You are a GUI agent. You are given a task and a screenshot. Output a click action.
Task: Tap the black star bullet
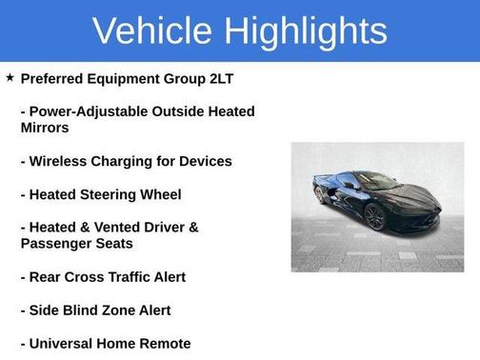click(x=10, y=77)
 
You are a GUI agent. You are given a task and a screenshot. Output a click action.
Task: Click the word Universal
click(x=65, y=344)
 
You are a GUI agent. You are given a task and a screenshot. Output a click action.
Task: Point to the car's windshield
click(x=375, y=182)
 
